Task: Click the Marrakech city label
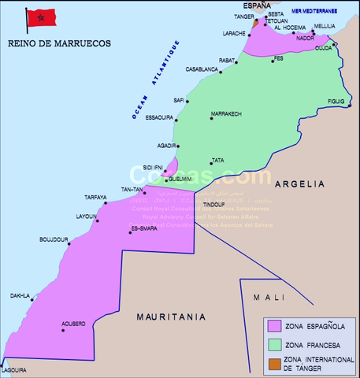click(x=226, y=114)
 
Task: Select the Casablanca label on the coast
click(x=202, y=69)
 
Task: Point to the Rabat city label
click(x=227, y=60)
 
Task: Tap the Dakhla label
click(x=20, y=296)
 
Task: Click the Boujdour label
click(x=54, y=239)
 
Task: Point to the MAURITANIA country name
click(x=171, y=317)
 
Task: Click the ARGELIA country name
click(x=300, y=183)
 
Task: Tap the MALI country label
click(x=268, y=297)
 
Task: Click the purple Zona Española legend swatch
click(x=275, y=324)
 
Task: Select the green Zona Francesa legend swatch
click(x=275, y=343)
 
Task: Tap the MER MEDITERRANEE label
click(x=314, y=11)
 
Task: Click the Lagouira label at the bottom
click(x=13, y=369)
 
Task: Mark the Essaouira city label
click(x=159, y=117)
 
